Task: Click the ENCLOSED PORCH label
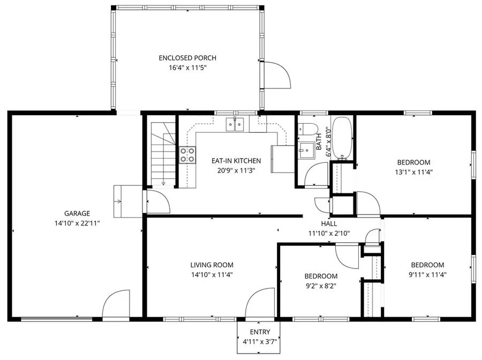(187, 58)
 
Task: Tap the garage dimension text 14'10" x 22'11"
(78, 222)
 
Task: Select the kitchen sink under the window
(236, 124)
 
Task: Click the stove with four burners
(187, 155)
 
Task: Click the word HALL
(329, 223)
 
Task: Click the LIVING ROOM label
(212, 265)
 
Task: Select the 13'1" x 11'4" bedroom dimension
(413, 172)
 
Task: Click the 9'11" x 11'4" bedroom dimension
(427, 274)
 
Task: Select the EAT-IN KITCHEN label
(236, 161)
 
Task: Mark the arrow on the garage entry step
(118, 201)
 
